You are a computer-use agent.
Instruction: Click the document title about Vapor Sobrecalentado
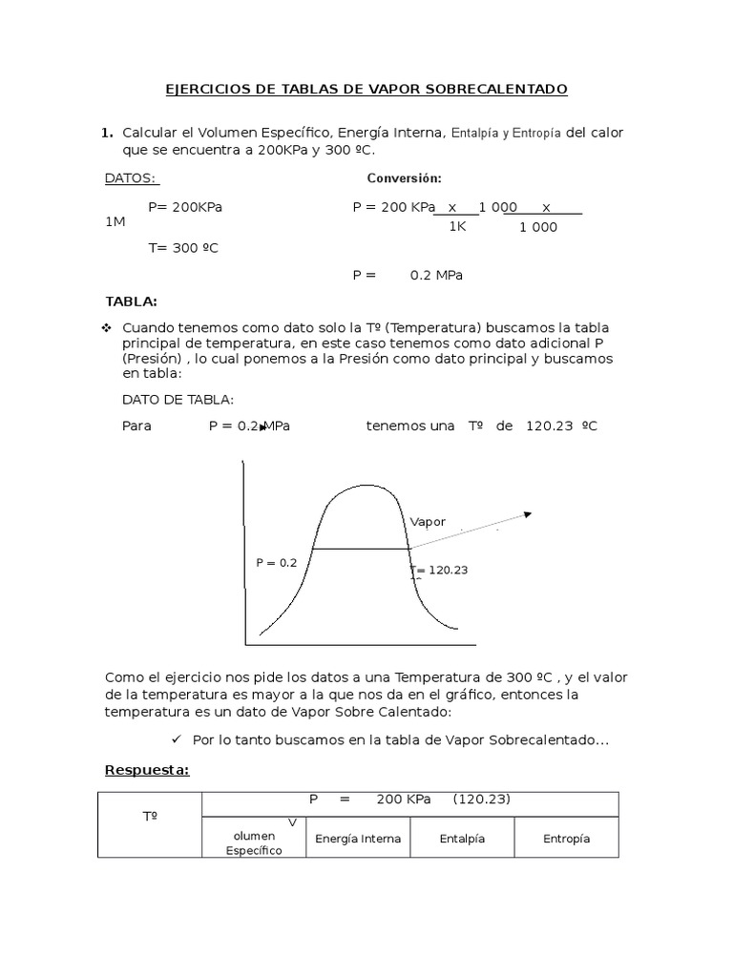pos(366,89)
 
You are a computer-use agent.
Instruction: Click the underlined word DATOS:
pos(132,178)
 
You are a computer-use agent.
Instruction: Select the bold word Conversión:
pos(404,178)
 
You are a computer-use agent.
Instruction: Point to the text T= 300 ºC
pos(183,247)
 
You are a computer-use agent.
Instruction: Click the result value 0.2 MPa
pos(436,275)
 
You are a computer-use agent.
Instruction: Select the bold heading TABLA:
pos(131,301)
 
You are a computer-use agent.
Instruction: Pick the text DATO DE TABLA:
pos(178,399)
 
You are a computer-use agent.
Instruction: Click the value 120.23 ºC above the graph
pos(561,426)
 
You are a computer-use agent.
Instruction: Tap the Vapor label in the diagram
pos(428,521)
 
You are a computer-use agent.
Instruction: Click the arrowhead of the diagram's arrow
pos(526,515)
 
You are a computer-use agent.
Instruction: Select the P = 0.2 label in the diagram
pos(277,563)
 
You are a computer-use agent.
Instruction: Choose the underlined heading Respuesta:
pos(147,770)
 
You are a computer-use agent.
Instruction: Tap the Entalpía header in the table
pos(462,839)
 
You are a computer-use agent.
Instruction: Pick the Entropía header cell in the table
pos(566,839)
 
